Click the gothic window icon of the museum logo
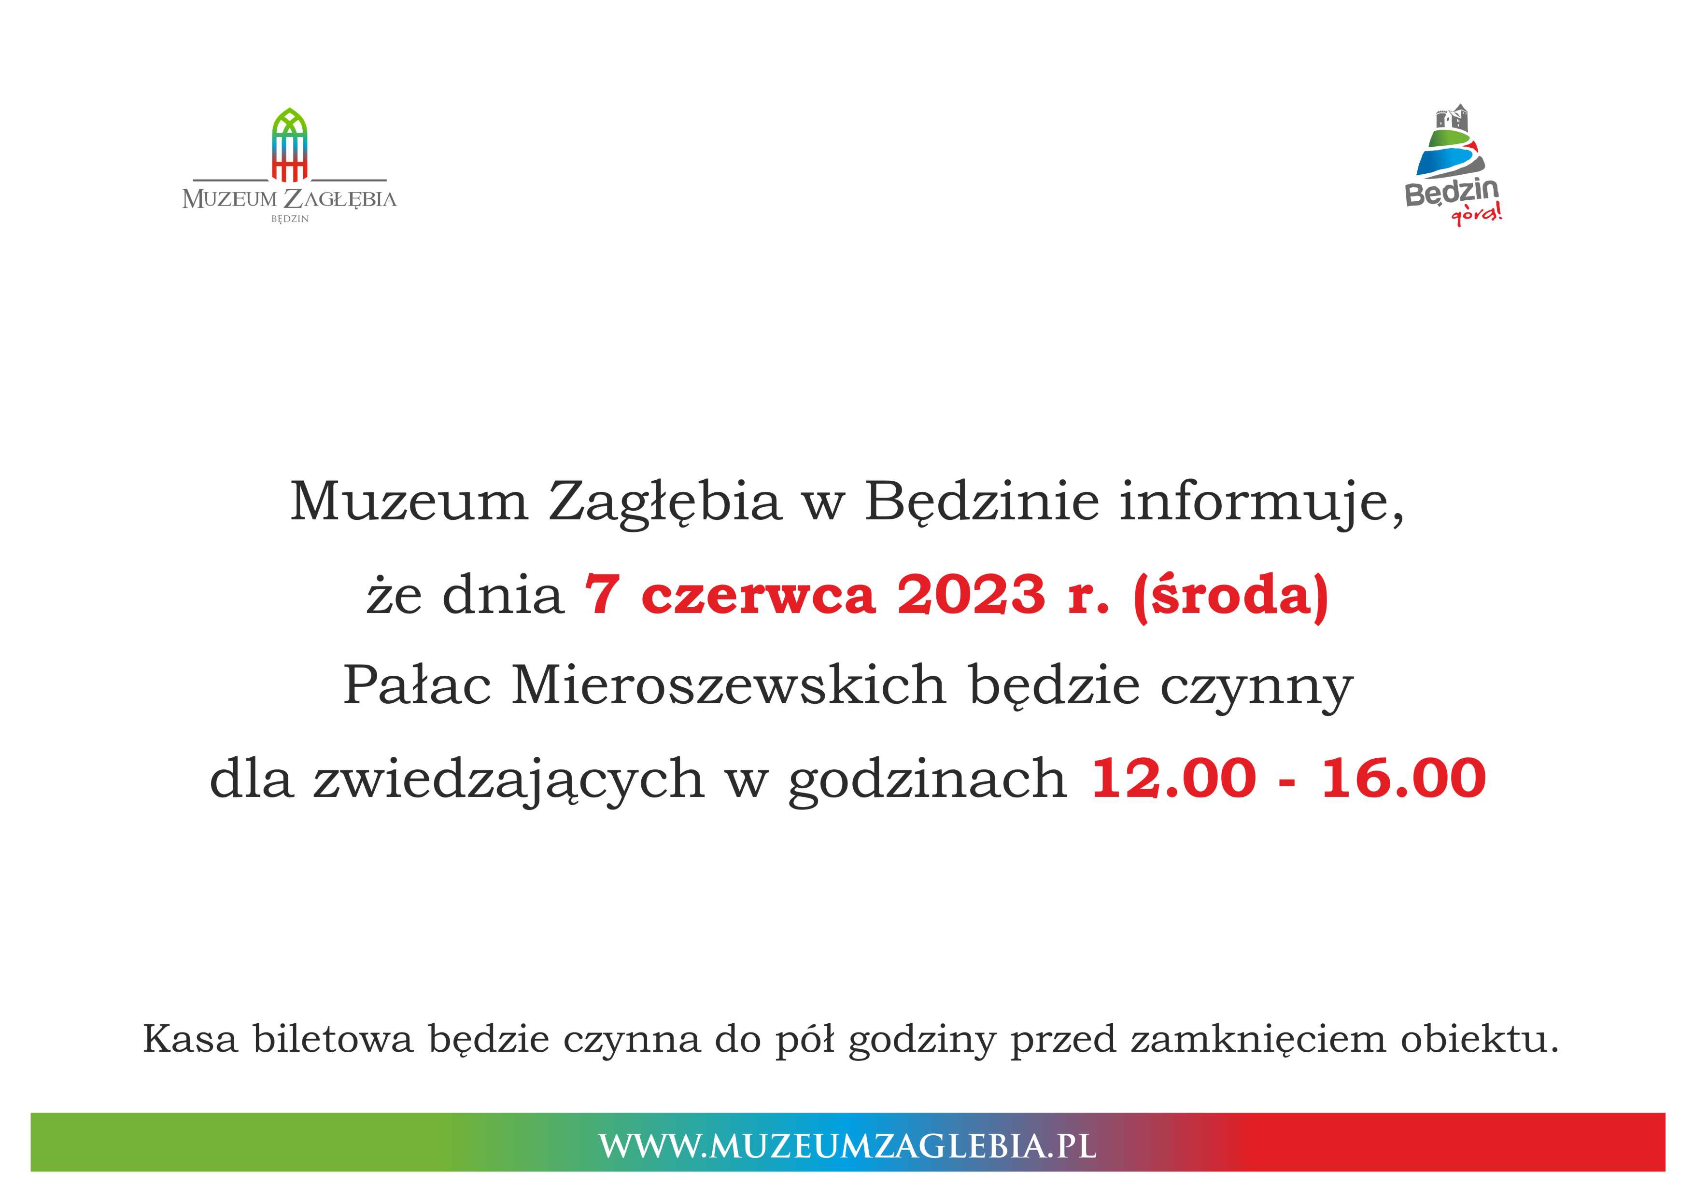tap(290, 145)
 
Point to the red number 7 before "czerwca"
tap(601, 595)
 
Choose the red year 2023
tap(972, 595)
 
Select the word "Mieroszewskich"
tap(729, 685)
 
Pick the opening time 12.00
tap(1173, 778)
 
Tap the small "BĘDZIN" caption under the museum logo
tap(290, 219)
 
